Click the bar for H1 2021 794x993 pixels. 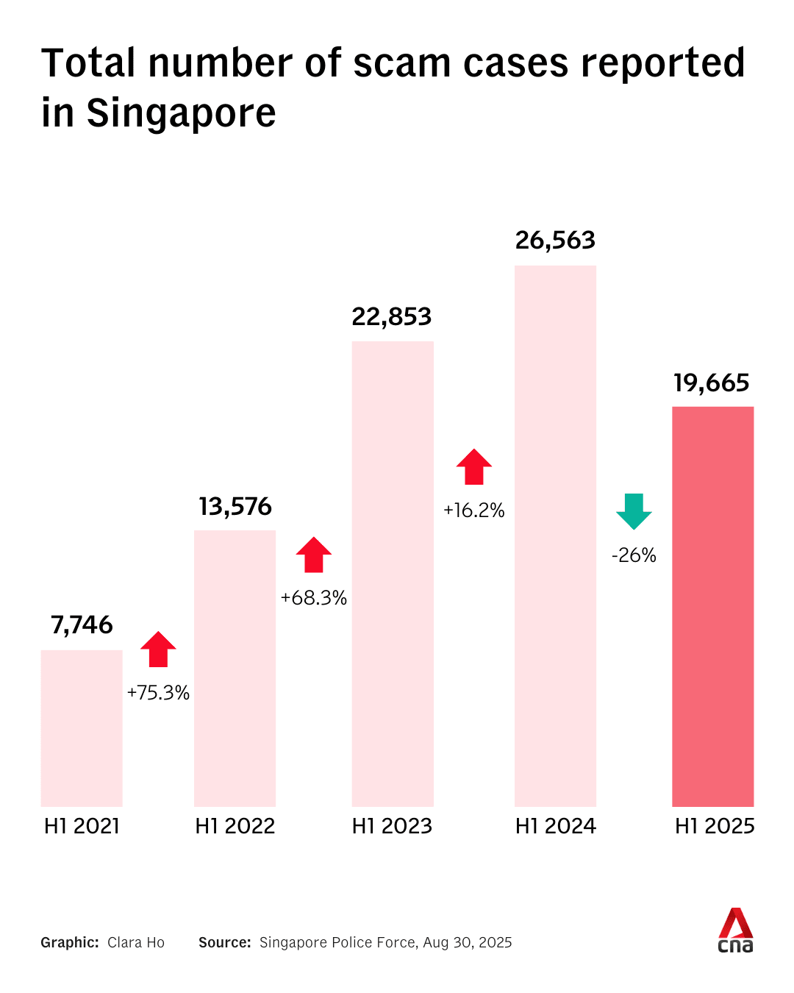pos(82,728)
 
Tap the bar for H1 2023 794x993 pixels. pos(393,574)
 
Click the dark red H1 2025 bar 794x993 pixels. pos(712,606)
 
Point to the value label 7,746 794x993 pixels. pos(82,625)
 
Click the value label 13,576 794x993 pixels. pos(235,507)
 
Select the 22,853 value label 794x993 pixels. pos(392,317)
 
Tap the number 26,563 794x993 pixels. pos(555,241)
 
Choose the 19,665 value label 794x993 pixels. pos(712,383)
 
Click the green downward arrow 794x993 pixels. pos(634,510)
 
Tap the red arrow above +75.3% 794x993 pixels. pos(158,649)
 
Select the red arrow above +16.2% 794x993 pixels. pos(473,466)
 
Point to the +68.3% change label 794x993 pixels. pos(314,598)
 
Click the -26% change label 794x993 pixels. pos(634,555)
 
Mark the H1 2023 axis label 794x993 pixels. pos(392,826)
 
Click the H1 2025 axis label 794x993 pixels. pos(715,826)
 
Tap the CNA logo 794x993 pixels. pos(735,930)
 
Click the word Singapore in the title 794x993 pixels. pos(181,114)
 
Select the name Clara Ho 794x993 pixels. pos(136,943)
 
